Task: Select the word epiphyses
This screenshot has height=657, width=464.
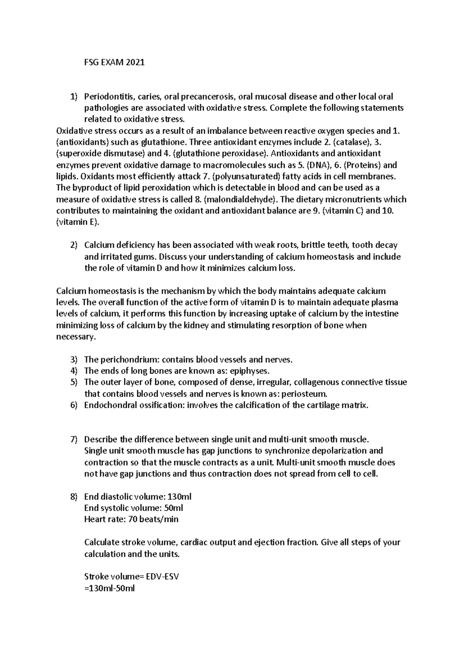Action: [249, 371]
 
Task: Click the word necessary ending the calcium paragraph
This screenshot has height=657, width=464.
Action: [75, 337]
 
